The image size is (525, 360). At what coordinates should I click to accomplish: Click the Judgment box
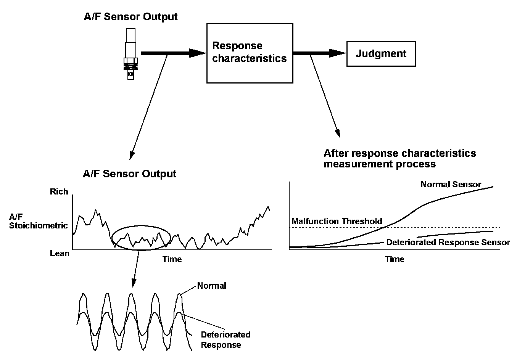[381, 54]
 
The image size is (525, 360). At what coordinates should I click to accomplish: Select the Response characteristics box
[250, 53]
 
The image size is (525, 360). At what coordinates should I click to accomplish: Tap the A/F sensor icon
[130, 53]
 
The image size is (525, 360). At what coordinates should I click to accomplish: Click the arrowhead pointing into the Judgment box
[338, 53]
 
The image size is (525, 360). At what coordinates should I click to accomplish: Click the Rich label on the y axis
[59, 191]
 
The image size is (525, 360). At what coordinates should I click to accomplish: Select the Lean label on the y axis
[60, 253]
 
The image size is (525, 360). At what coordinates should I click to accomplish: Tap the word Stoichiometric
[39, 225]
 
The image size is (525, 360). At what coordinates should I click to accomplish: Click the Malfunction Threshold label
[337, 221]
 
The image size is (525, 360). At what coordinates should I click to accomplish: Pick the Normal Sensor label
[451, 185]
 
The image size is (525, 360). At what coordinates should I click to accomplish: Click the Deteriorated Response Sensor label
[448, 243]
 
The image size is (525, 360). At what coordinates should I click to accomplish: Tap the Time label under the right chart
[395, 259]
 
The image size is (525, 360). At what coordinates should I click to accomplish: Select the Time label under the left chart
[172, 259]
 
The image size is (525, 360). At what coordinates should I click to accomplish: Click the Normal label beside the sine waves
[212, 286]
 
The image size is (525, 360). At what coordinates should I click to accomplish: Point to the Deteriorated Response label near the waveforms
[225, 340]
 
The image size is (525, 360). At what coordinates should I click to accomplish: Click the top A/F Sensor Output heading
[130, 17]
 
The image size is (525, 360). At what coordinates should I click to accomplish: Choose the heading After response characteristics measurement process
[399, 159]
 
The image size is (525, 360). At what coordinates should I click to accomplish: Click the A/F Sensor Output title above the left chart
[129, 174]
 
